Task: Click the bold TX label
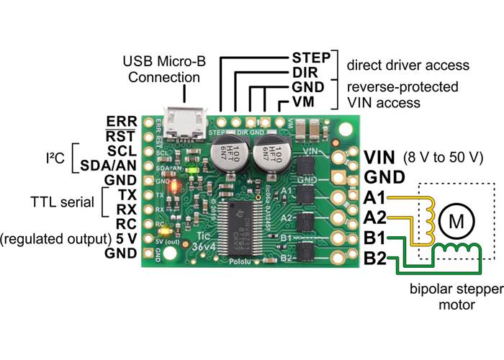coord(125,194)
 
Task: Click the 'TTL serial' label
coord(63,202)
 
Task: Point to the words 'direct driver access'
coord(408,65)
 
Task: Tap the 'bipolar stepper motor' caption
coord(444,298)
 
